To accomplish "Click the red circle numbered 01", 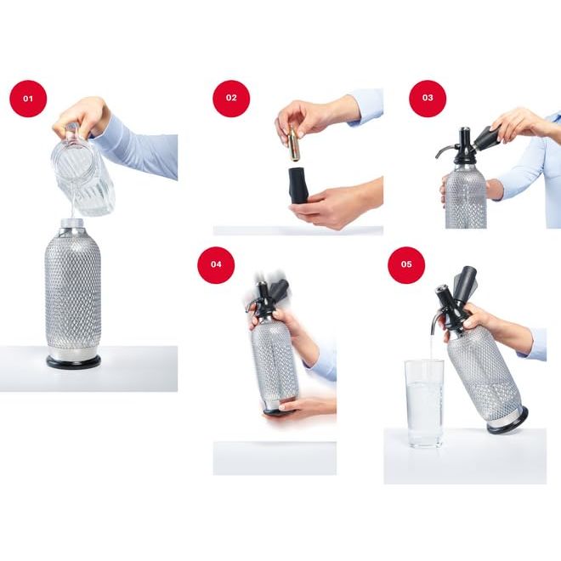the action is [28, 99].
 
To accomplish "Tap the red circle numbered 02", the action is [231, 98].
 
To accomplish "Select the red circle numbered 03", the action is [428, 98].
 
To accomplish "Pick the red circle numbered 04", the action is [216, 264].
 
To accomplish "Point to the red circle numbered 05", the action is [406, 264].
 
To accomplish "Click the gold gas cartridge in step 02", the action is [294, 144].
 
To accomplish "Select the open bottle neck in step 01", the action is [72, 224].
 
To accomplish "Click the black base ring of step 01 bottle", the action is [73, 361].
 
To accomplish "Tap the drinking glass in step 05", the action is [424, 404].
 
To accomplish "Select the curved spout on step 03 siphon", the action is [445, 150].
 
